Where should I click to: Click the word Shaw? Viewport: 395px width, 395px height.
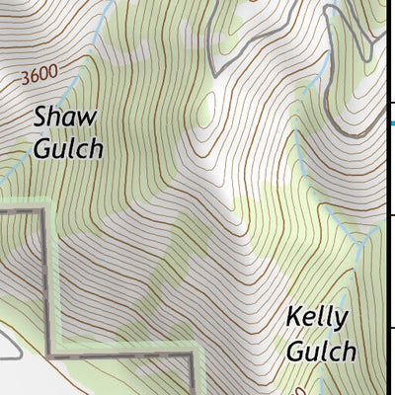(66, 117)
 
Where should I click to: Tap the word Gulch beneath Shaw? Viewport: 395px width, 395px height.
(68, 149)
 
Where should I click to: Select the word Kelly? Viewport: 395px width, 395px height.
(317, 318)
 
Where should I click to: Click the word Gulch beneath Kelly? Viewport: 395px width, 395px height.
(320, 351)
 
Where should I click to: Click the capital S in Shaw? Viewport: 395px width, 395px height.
(41, 117)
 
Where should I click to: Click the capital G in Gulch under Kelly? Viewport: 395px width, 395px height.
(294, 351)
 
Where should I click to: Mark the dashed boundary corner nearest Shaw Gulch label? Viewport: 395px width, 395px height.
(46, 209)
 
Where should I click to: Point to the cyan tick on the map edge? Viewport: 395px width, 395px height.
(391, 122)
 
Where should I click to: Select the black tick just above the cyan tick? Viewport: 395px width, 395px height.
(391, 102)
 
